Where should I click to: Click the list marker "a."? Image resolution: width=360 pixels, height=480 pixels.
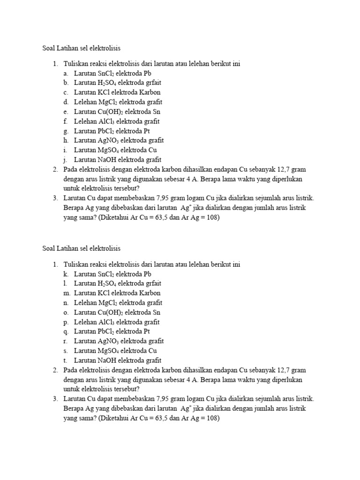pos(65,73)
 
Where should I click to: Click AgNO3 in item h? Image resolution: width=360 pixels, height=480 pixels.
pos(110,140)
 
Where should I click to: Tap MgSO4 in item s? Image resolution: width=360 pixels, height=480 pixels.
pos(110,351)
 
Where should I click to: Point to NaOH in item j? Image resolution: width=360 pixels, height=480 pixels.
pos(107,159)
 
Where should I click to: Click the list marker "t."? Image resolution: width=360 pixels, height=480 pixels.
pos(65,360)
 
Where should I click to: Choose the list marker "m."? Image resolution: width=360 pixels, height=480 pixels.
pos(66,293)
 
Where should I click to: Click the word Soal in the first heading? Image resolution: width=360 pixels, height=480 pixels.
pos(49,48)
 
